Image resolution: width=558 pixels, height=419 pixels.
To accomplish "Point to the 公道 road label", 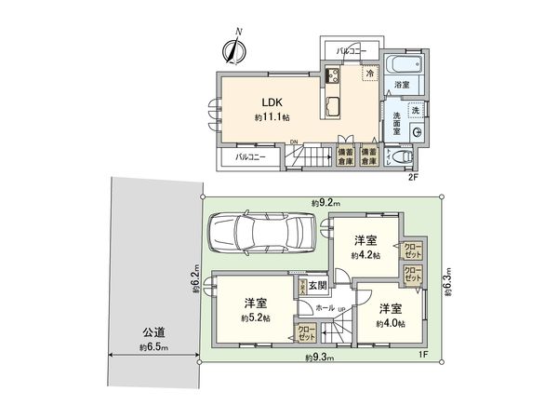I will point(153,331).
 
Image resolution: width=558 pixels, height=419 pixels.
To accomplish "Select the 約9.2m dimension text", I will point(325,202).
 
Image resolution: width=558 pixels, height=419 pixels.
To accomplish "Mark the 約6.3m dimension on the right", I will point(447,279).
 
